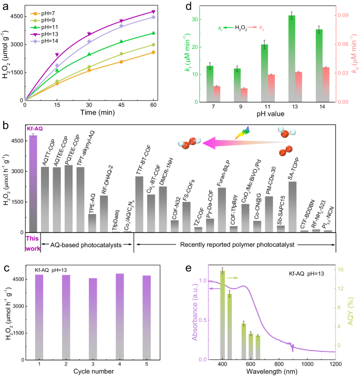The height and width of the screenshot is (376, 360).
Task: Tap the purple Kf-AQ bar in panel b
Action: (x=33, y=184)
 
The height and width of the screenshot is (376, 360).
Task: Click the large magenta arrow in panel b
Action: (x=242, y=141)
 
